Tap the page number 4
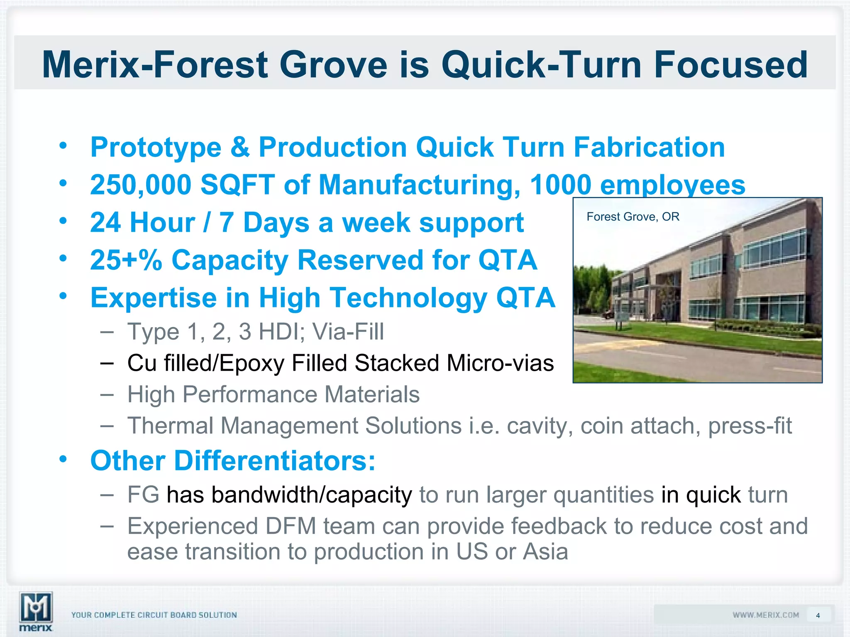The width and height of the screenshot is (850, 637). point(818,615)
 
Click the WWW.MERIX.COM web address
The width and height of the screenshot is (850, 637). point(766,615)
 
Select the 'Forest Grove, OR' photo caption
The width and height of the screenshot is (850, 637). point(633,216)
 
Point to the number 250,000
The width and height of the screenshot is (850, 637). point(140,185)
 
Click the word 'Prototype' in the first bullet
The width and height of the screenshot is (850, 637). point(156,148)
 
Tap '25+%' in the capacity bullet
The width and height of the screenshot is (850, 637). point(126,260)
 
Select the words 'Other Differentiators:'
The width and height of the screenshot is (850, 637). point(233,461)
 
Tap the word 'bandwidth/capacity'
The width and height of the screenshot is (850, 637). point(289,495)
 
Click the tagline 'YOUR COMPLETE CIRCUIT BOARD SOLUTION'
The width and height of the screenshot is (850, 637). point(154,615)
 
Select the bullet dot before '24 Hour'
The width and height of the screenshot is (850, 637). point(63,221)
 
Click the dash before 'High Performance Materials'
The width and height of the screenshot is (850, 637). point(107,394)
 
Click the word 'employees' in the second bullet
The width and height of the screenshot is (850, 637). point(672,185)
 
